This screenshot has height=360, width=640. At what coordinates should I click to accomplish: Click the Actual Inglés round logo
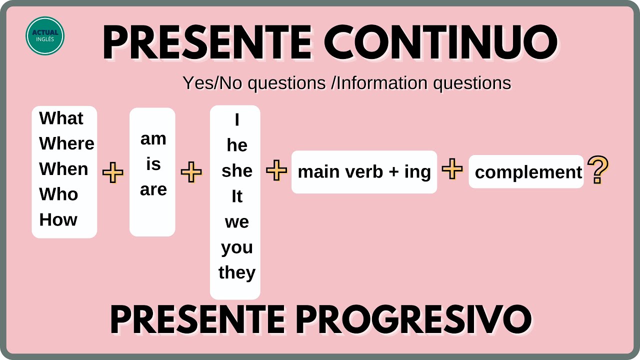[45, 35]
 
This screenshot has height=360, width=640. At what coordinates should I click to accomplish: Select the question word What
[61, 118]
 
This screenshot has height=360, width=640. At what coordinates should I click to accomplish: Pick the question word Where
[66, 143]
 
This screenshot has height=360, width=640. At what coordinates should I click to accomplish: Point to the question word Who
[58, 194]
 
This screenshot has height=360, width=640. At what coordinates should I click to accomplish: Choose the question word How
[58, 219]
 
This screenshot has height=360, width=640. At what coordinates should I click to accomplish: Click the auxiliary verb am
[153, 138]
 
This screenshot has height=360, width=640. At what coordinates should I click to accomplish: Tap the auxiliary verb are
[153, 189]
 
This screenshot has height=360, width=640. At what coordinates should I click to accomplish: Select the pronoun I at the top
[236, 120]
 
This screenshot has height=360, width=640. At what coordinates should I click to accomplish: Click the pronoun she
[237, 171]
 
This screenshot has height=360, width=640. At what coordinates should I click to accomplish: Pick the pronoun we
[236, 221]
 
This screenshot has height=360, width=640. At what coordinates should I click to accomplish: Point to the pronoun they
[236, 272]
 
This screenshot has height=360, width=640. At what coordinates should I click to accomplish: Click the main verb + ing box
[364, 172]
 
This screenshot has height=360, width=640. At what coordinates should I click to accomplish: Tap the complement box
[526, 172]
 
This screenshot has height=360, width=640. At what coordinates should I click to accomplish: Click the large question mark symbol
[598, 170]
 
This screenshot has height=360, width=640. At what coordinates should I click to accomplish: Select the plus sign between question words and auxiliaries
[113, 173]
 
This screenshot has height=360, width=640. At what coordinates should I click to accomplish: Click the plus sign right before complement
[452, 170]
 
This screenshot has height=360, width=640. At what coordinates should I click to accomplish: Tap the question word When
[63, 169]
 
